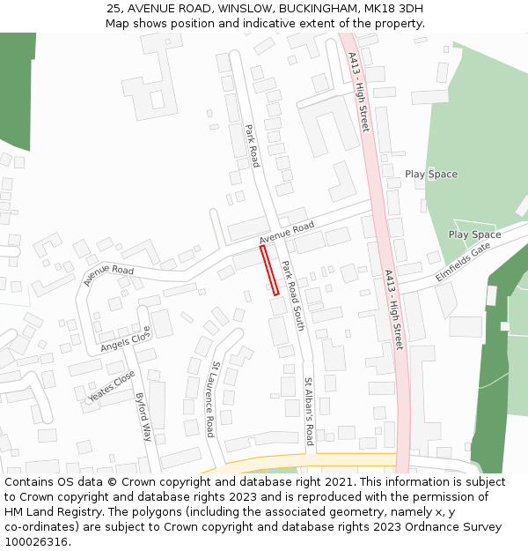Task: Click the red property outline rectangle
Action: pyautogui.click(x=269, y=270)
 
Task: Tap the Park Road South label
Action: pyautogui.click(x=292, y=295)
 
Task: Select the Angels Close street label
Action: pyautogui.click(x=127, y=338)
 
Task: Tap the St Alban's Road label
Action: pyautogui.click(x=309, y=412)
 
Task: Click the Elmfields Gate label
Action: pyautogui.click(x=463, y=262)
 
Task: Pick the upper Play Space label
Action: pyautogui.click(x=431, y=175)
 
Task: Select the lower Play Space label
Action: pyautogui.click(x=474, y=235)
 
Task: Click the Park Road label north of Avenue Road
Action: pyautogui.click(x=253, y=145)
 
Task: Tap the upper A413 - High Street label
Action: pyautogui.click(x=359, y=92)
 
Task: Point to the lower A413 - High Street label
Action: pyautogui.click(x=393, y=310)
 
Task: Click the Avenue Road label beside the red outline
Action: pyautogui.click(x=287, y=233)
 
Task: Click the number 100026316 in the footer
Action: pyautogui.click(x=38, y=542)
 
